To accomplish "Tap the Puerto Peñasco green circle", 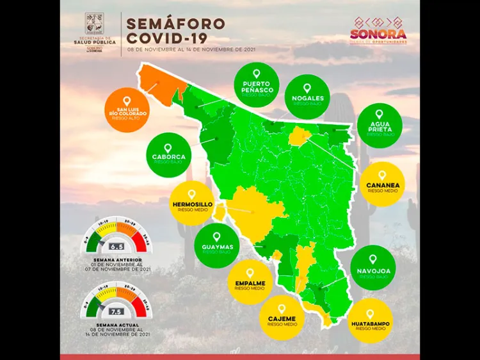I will tap(257, 85).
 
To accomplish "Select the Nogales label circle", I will tap(307, 95).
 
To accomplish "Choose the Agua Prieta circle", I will tap(380, 125).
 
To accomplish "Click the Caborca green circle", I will tap(168, 154).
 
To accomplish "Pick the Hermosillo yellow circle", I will tap(191, 202).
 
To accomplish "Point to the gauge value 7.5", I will tap(116, 311).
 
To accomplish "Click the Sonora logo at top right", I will tap(378, 31).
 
